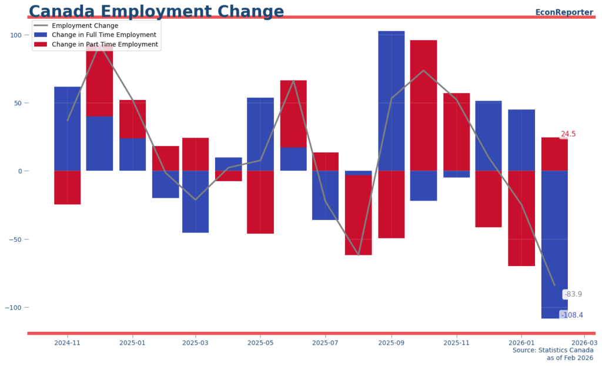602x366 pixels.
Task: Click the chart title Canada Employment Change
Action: click(156, 11)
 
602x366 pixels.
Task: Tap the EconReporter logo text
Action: click(564, 12)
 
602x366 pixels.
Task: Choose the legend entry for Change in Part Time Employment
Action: click(105, 44)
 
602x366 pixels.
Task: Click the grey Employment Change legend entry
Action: click(85, 25)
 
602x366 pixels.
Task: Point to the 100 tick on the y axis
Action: click(15, 35)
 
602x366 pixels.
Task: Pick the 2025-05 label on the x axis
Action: click(260, 342)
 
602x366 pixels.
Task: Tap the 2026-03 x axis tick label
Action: click(584, 342)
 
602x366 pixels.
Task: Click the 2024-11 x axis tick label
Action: click(67, 342)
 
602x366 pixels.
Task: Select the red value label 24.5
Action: click(568, 134)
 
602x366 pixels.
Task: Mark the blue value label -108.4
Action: click(571, 315)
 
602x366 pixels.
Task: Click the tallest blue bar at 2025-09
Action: click(391, 100)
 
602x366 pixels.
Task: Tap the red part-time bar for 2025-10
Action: click(423, 106)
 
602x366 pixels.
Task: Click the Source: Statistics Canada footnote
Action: click(553, 350)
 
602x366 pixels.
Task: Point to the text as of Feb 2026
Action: click(569, 358)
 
